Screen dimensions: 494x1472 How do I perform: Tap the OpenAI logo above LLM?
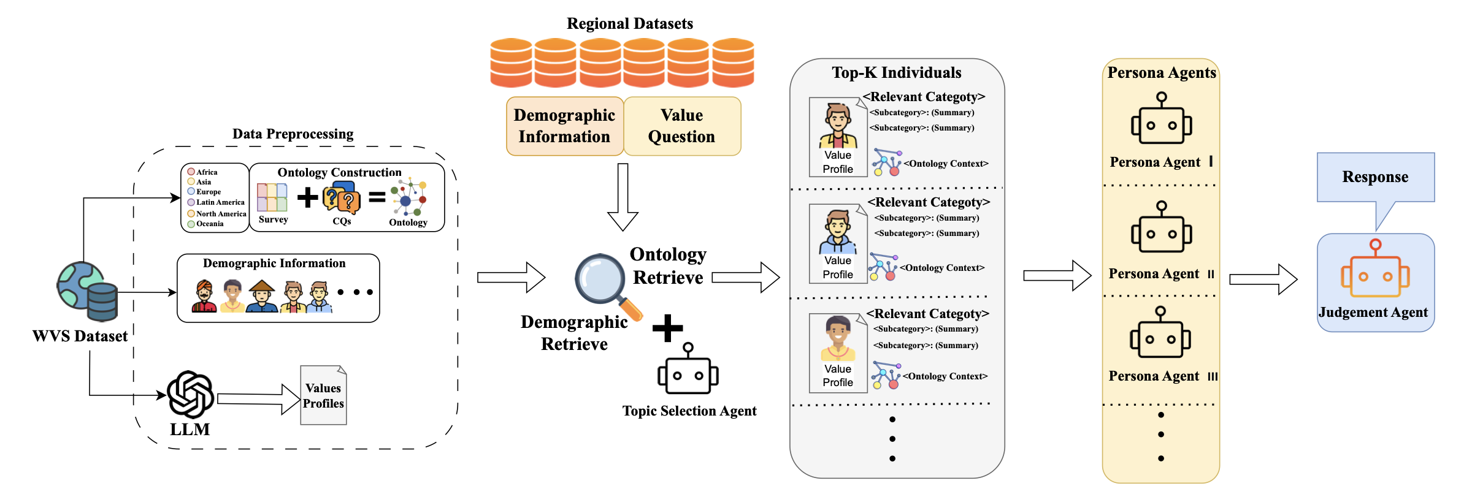tap(191, 394)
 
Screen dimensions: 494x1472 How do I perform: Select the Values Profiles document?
tap(323, 395)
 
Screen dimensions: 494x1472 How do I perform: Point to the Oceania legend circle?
tap(191, 224)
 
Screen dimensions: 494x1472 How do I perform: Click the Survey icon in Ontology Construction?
tap(272, 197)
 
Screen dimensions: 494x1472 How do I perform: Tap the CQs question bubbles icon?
tap(341, 197)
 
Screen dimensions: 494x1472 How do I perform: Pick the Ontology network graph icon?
tap(408, 197)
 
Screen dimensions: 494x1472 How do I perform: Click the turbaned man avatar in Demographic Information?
tap(204, 297)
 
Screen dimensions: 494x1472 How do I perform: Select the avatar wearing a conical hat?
tap(262, 297)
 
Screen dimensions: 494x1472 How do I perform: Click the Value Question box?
tap(682, 126)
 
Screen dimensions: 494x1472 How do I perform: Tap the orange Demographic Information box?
tap(564, 126)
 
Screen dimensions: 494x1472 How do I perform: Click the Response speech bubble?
tap(1375, 178)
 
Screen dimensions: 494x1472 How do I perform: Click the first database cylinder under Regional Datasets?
tap(511, 63)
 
